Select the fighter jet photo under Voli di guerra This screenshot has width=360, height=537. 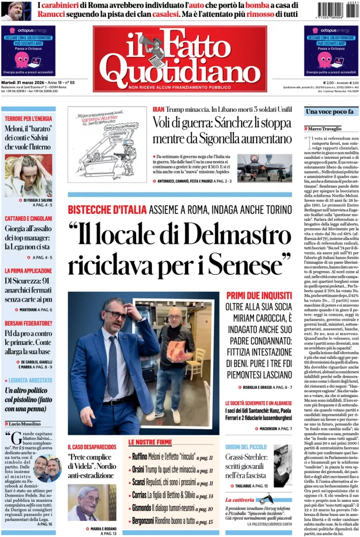[x=264, y=168]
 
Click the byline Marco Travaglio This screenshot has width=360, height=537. [x=325, y=128]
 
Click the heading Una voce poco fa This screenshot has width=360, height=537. [x=330, y=112]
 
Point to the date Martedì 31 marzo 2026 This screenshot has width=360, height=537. [x=23, y=82]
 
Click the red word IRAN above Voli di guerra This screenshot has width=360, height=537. [x=158, y=109]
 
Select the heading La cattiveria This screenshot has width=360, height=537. [x=240, y=500]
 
